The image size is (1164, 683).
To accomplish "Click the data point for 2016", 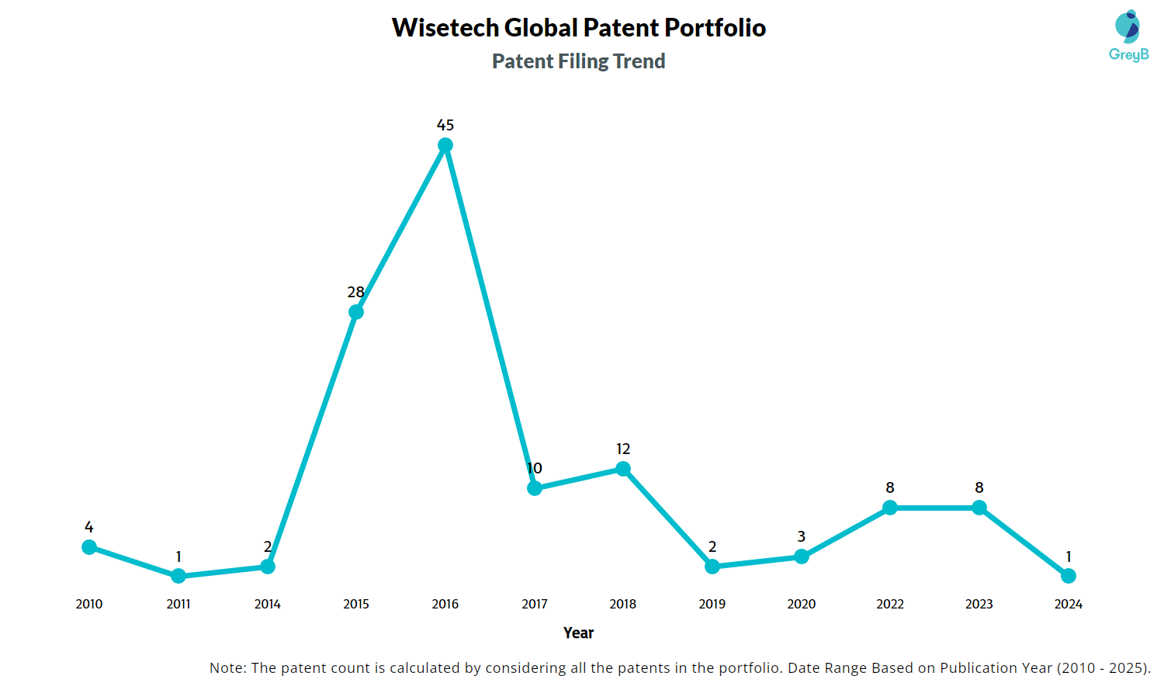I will (x=445, y=145).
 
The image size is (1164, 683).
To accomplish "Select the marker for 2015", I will (x=356, y=312).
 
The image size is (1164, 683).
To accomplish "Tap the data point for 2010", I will (x=89, y=547).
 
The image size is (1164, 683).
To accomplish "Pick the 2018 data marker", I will (x=623, y=469).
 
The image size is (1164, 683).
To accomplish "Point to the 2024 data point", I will (x=1069, y=576).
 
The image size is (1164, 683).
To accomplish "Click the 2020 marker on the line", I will (x=802, y=556).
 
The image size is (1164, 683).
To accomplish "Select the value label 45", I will (x=445, y=125).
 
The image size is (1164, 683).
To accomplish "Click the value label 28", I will (x=356, y=292).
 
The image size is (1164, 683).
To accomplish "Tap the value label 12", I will (x=623, y=449).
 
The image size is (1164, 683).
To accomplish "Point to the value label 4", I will (x=89, y=527).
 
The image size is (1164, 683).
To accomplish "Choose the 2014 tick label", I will (x=268, y=604).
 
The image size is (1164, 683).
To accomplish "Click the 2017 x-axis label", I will (x=535, y=604).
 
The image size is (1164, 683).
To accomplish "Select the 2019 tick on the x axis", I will (x=712, y=604).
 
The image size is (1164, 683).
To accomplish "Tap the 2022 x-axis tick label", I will (x=890, y=604).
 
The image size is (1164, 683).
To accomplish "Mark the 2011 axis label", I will (x=178, y=604).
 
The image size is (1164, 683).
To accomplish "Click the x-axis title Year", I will (x=579, y=633).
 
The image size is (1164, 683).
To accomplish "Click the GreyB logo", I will (x=1128, y=36).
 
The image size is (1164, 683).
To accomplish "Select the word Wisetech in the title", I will (x=445, y=28).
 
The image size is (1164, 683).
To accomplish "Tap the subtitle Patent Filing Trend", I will (x=579, y=61).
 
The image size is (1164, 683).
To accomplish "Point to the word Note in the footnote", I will (x=227, y=667).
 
